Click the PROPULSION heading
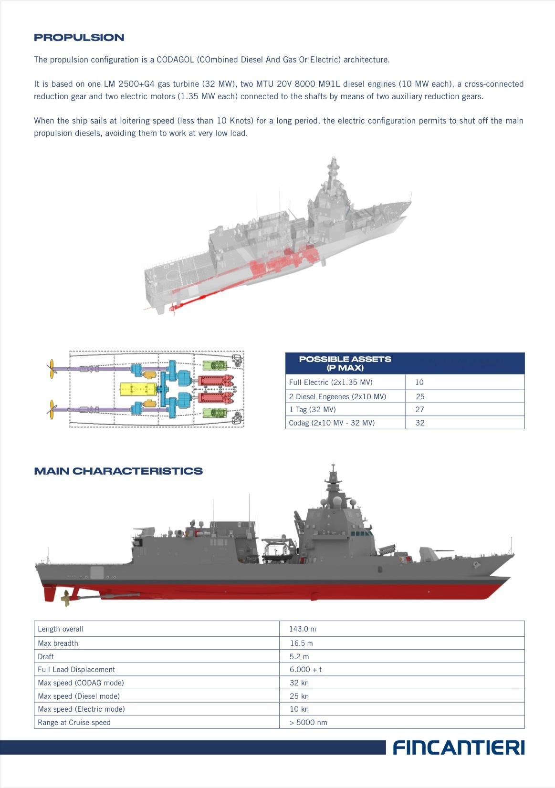click(79, 38)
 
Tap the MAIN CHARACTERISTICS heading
click(118, 471)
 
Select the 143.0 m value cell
click(303, 629)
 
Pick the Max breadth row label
click(58, 643)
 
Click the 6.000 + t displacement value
click(305, 670)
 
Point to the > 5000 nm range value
click(308, 723)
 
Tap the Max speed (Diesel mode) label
click(79, 696)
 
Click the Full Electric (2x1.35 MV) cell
click(331, 383)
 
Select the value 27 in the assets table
click(420, 410)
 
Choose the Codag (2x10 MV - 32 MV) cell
click(332, 423)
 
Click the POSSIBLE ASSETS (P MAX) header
click(345, 363)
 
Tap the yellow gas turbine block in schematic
click(137, 390)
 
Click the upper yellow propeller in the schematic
click(52, 369)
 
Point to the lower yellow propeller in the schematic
click(52, 409)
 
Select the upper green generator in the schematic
click(215, 366)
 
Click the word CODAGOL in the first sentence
click(175, 60)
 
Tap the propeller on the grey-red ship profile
click(66, 598)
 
